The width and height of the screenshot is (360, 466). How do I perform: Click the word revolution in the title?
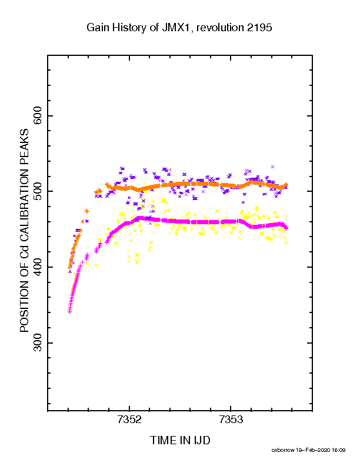coord(220,28)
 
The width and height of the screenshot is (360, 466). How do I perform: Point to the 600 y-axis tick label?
coord(38,115)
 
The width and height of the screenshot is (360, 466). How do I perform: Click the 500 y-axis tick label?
coord(38,191)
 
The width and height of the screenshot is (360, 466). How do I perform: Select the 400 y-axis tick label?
coord(38,267)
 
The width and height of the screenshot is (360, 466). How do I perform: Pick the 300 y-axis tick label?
coord(38,342)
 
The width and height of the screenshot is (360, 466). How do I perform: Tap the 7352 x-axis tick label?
coord(129,420)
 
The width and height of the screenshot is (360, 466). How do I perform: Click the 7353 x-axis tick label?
coord(231,420)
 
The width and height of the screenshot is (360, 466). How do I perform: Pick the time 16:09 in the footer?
coord(338,450)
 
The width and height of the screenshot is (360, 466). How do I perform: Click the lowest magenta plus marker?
coord(69,312)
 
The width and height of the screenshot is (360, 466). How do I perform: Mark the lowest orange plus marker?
coord(69,268)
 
